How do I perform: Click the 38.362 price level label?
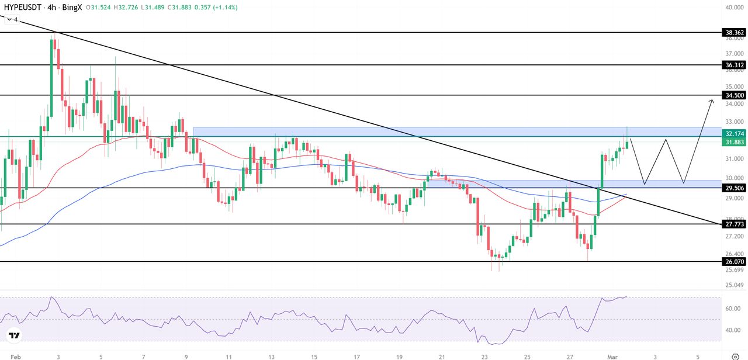click(734, 33)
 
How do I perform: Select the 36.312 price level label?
click(734, 65)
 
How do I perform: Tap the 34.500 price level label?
click(734, 95)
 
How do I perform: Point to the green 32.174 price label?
click(734, 134)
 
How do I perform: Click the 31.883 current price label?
click(734, 142)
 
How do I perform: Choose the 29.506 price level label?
click(734, 188)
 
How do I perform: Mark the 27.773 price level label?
click(734, 224)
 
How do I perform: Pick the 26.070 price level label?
click(734, 262)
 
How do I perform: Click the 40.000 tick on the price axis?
click(734, 8)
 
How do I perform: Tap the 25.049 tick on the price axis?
click(734, 285)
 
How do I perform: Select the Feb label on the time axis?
click(16, 356)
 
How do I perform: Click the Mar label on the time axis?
click(613, 356)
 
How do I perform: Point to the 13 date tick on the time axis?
click(272, 356)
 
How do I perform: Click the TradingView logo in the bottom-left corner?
click(14, 335)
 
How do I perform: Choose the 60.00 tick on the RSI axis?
click(734, 308)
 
